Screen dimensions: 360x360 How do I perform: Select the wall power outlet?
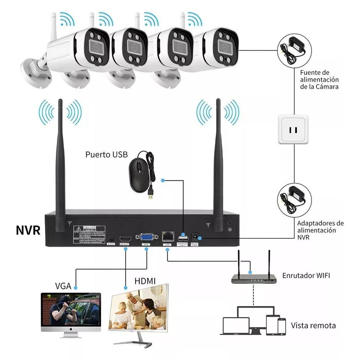click(293, 129)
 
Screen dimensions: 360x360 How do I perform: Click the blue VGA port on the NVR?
click(146, 237)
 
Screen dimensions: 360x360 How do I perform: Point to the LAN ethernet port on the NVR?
click(167, 236)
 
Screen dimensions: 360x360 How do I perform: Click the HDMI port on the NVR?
click(125, 237)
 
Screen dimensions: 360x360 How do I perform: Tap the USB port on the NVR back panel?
click(183, 237)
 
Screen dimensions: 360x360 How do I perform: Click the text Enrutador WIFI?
click(306, 275)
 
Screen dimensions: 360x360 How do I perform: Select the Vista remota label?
click(313, 325)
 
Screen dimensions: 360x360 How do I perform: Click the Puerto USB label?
click(107, 155)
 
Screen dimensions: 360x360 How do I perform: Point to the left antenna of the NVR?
click(60, 165)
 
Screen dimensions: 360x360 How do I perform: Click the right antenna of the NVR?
click(218, 165)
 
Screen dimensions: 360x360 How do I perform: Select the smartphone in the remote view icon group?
click(282, 326)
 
